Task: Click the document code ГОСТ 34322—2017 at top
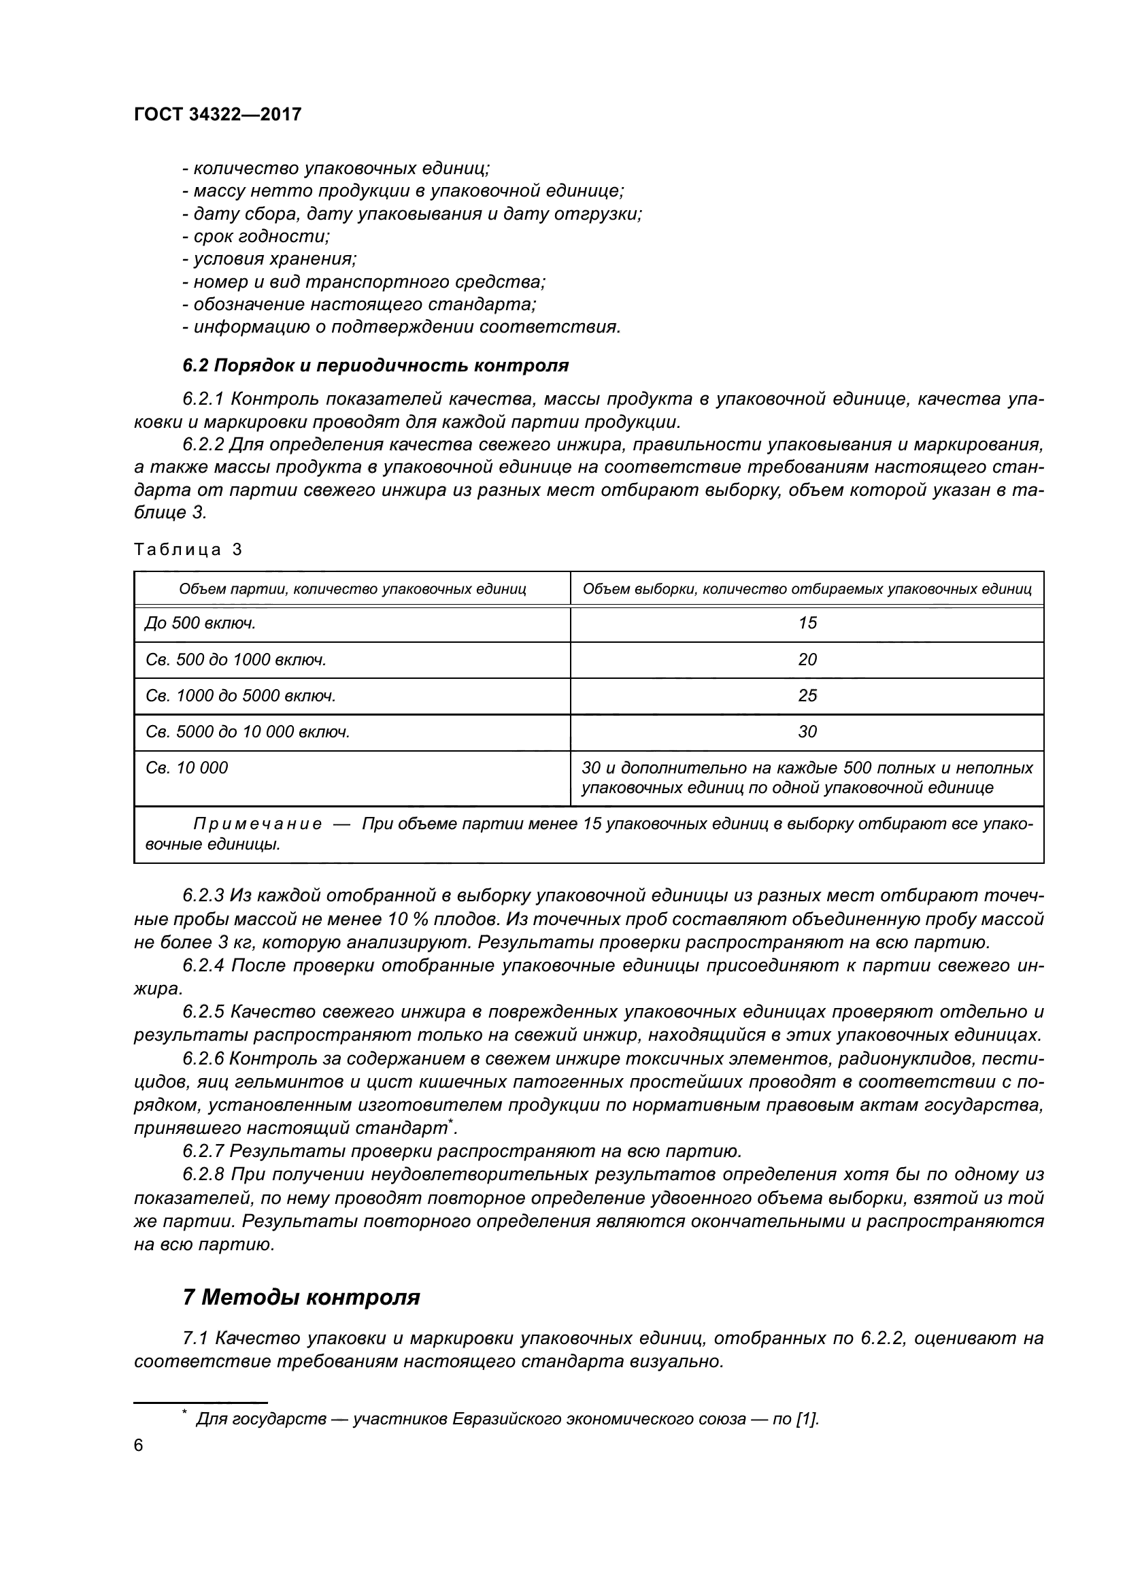[218, 114]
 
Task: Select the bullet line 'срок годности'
[256, 236]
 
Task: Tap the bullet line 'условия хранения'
[269, 259]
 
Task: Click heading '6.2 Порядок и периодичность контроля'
[375, 365]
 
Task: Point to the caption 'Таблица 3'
[188, 550]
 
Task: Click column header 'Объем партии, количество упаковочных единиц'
[352, 589]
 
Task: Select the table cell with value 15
[807, 623]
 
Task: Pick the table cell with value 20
[807, 659]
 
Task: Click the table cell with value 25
[807, 695]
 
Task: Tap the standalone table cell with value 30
[807, 731]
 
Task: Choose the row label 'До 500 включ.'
[201, 623]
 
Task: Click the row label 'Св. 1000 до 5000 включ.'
[240, 695]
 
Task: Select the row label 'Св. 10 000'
[186, 767]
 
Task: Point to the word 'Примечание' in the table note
[257, 824]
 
